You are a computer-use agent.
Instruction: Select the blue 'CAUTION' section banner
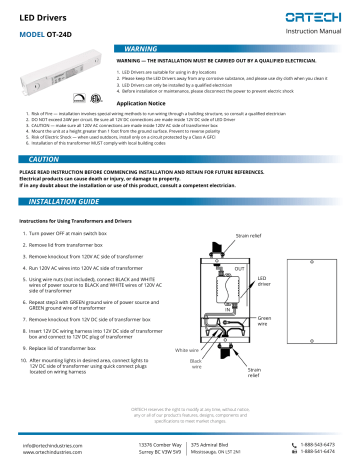47,159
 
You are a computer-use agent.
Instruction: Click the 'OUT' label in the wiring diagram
238,271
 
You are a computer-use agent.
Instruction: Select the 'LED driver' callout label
263,284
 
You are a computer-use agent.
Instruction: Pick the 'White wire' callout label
188,351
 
